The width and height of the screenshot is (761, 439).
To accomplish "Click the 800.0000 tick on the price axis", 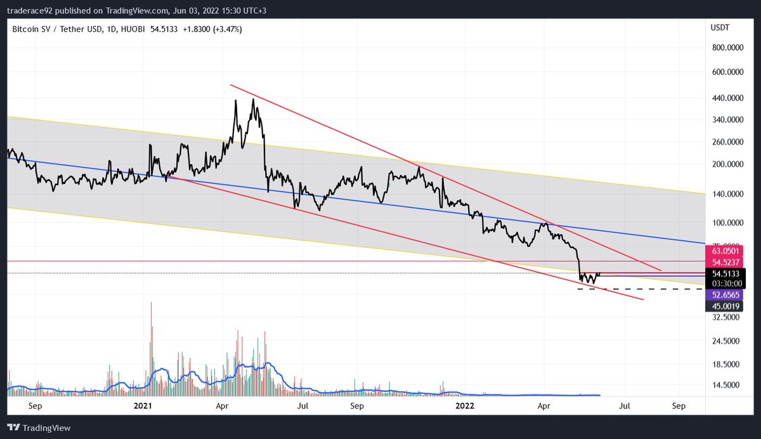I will click(727, 48).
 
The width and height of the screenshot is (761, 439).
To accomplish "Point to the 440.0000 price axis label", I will click(727, 98).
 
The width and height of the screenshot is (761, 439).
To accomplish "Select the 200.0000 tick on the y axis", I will click(727, 164).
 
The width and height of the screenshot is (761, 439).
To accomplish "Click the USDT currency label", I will click(720, 29).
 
